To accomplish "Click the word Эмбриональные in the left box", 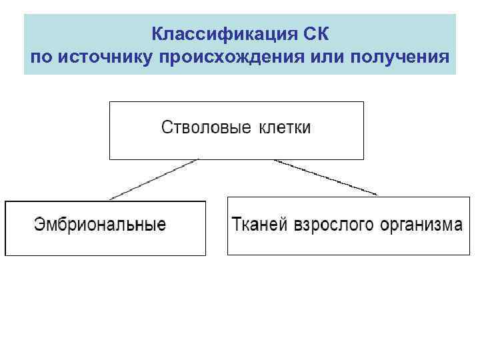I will coord(100,224).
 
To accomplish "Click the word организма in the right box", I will coord(421,224).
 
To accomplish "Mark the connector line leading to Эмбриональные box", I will coord(154,179).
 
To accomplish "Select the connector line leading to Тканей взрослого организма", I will coord(325,177).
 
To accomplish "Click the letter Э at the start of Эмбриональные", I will coord(39,224).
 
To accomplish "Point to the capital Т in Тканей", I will coord(236,224).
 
